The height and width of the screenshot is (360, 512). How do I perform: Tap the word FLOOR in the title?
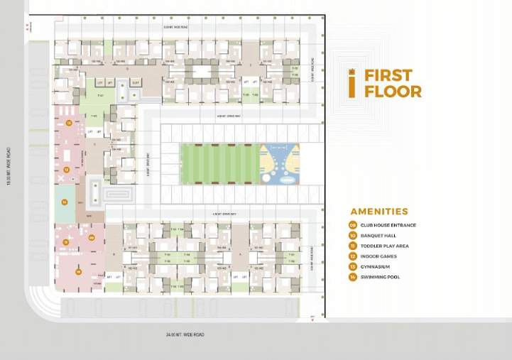coord(393,91)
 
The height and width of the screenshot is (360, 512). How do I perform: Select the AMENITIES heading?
coord(379,211)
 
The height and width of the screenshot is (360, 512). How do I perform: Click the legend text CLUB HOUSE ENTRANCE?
coord(388,225)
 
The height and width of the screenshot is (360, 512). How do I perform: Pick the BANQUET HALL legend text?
coord(378,236)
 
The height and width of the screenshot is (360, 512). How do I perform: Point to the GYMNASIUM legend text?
coord(377,266)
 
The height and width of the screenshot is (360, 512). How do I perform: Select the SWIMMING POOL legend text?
coord(380,277)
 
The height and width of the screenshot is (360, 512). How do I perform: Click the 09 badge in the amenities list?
coord(353,225)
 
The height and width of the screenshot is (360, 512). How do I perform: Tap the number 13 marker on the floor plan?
coord(68,123)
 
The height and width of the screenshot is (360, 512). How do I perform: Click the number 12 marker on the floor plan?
coord(65,170)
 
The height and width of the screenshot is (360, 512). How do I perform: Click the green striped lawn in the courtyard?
coord(220,164)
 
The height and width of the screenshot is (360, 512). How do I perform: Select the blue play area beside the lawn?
coord(280,164)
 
